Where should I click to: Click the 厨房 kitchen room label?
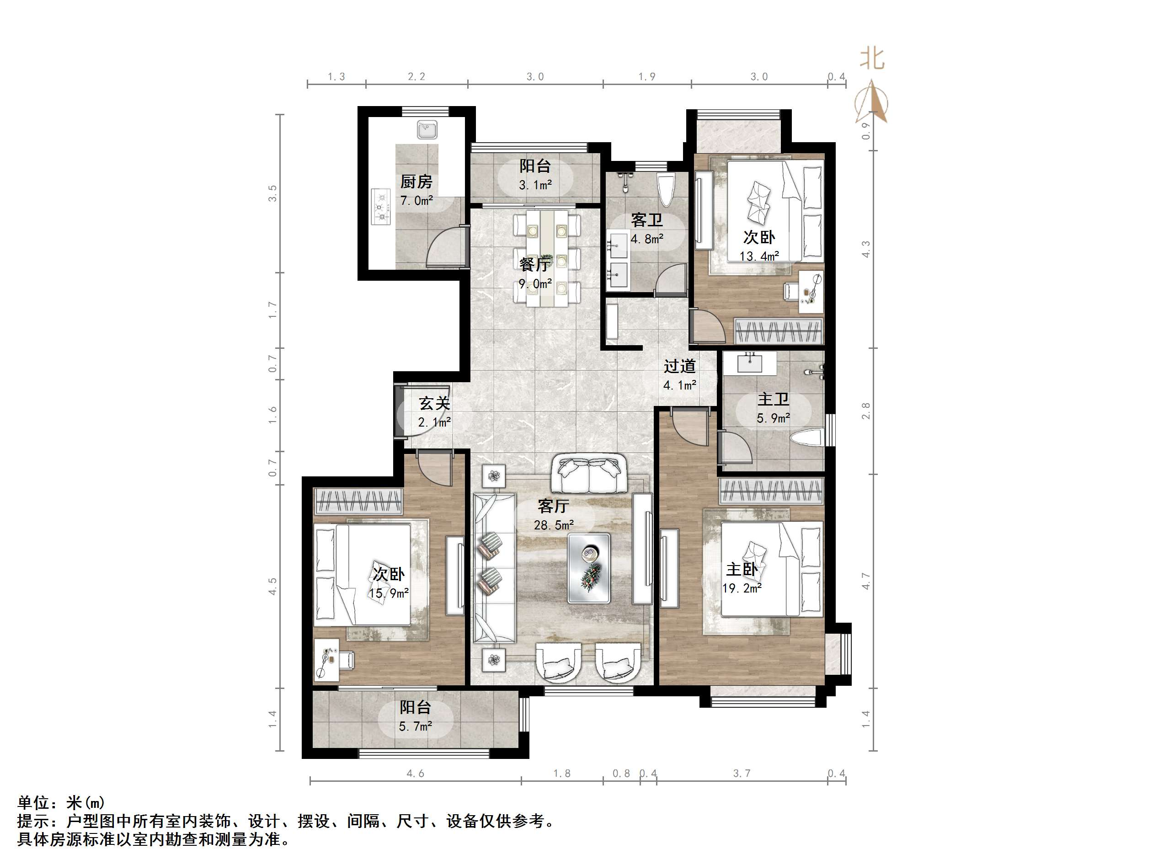click(416, 182)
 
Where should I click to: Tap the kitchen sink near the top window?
click(427, 129)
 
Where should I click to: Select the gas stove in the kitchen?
click(381, 207)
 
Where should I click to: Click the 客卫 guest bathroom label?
click(646, 220)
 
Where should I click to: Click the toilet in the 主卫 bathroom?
click(806, 438)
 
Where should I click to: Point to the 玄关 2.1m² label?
click(434, 412)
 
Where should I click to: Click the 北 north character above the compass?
click(871, 59)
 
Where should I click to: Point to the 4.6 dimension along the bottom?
click(416, 773)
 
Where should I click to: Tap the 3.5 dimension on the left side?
click(272, 193)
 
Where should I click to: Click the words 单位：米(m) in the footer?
click(62, 802)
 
